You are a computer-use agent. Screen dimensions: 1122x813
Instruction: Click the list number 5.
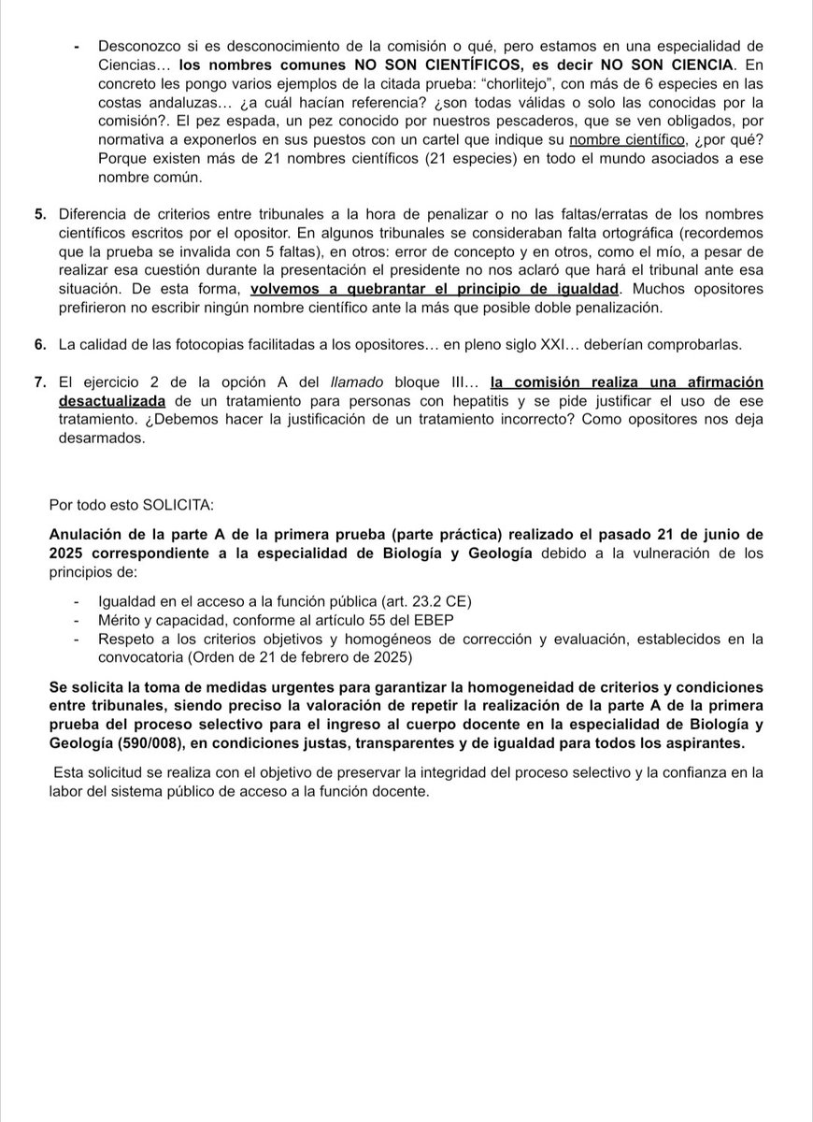pyautogui.click(x=39, y=214)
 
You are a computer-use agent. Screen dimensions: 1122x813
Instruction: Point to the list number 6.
pyautogui.click(x=39, y=345)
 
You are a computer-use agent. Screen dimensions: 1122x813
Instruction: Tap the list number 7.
pyautogui.click(x=39, y=382)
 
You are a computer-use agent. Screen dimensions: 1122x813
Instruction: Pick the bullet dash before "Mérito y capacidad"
pyautogui.click(x=76, y=619)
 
